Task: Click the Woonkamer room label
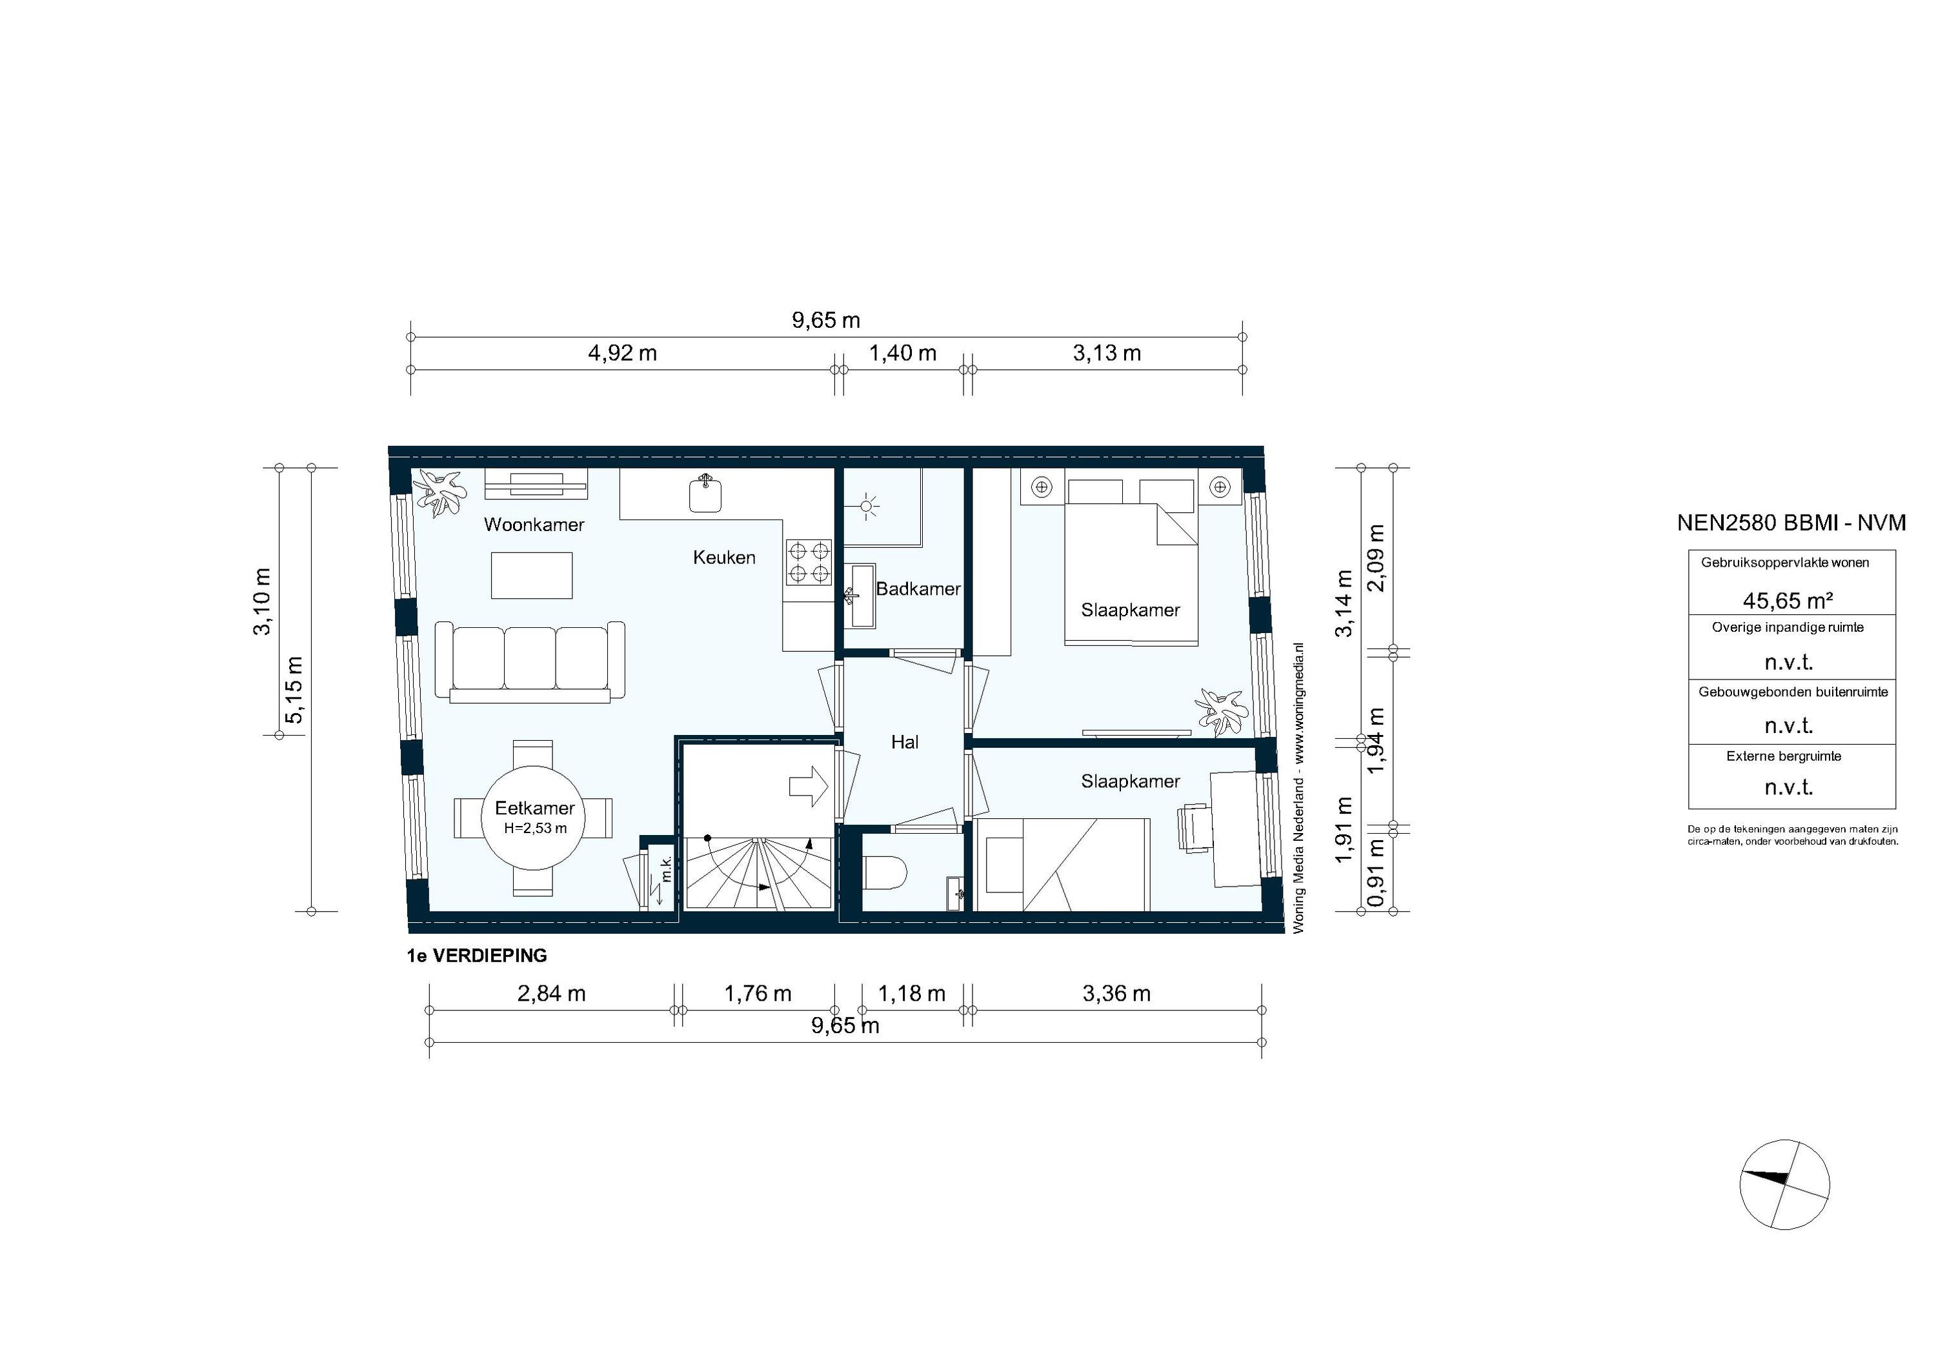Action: [534, 525]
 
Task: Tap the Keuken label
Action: [723, 558]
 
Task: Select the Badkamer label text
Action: [918, 589]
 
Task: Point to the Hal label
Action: [904, 742]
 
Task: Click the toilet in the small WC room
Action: [885, 872]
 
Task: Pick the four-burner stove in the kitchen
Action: [808, 562]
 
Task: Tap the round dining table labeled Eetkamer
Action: [534, 817]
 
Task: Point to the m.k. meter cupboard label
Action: [666, 869]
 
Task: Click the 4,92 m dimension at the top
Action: [622, 353]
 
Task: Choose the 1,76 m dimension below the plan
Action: [757, 994]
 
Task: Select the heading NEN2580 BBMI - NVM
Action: [1791, 523]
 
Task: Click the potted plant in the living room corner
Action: [440, 493]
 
